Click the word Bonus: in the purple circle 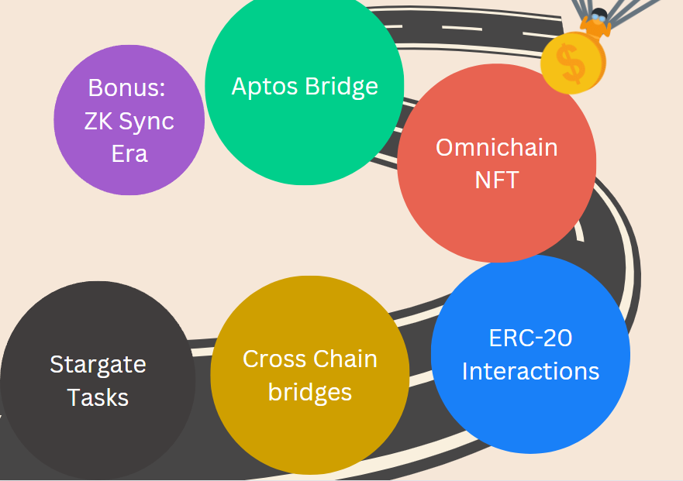127,88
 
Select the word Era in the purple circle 129,153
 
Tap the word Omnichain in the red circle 496,147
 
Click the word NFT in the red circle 496,180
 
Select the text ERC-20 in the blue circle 530,338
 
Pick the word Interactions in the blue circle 530,371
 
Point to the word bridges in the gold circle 310,392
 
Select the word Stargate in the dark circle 98,364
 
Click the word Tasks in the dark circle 98,397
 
